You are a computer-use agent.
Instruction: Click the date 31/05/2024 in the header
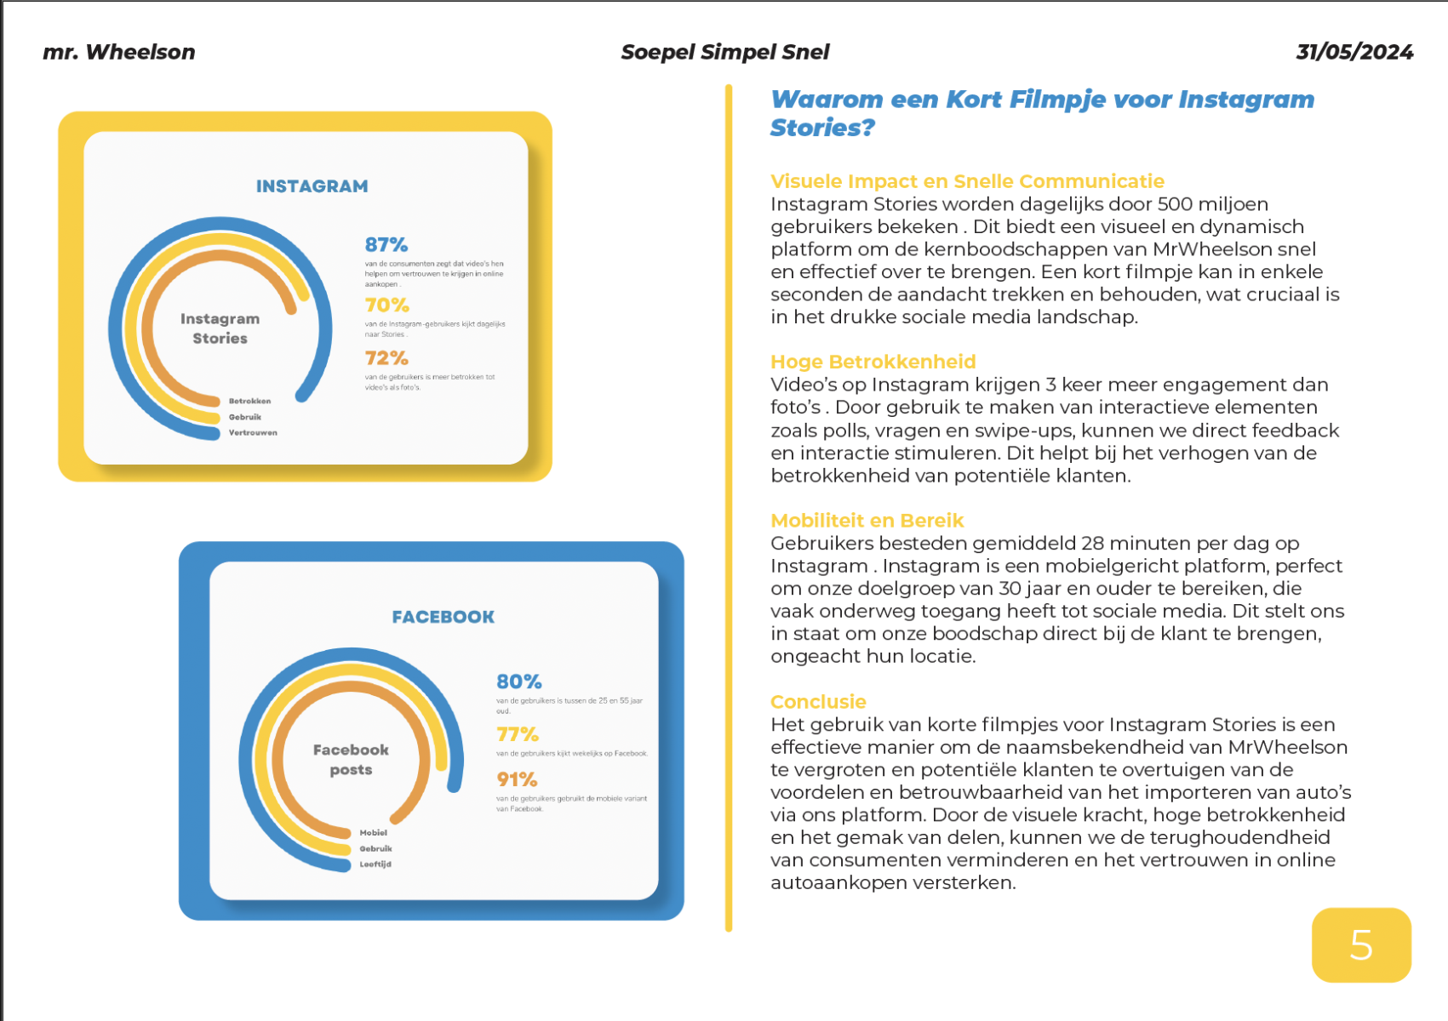coord(1354,53)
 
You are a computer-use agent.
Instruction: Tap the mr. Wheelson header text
coord(119,53)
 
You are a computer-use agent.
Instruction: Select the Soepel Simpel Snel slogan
coord(725,53)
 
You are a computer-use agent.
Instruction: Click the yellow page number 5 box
coord(1361,944)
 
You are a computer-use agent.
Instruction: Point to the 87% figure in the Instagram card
coord(386,245)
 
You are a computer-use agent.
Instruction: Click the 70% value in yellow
coord(387,305)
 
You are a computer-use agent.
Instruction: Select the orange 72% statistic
coord(386,358)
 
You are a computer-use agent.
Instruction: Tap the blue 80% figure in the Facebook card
coord(519,682)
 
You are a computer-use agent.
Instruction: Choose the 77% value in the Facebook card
coord(518,734)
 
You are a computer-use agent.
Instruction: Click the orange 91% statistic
coord(518,779)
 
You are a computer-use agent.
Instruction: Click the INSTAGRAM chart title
coord(312,186)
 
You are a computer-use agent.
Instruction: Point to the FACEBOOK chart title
coord(443,617)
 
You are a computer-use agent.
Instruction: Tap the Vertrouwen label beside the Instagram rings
coord(253,433)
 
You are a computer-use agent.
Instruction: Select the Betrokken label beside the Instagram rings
coord(249,401)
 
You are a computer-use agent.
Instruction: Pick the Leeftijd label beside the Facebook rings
coord(375,864)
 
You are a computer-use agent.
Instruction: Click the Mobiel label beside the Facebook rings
coord(373,833)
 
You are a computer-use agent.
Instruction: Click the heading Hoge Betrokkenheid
coord(873,362)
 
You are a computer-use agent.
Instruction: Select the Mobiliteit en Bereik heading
coord(867,521)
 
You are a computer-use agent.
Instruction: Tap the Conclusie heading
coord(818,702)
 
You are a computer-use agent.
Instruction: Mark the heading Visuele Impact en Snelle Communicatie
coord(967,181)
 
